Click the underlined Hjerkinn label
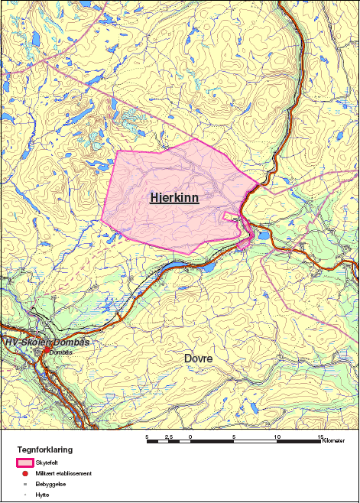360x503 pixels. pos(175,198)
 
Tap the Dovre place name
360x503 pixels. pos(198,358)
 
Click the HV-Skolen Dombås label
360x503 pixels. pos(47,342)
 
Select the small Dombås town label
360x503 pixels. pos(60,352)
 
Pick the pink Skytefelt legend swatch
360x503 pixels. pos(25,462)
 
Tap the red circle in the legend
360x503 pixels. pos(25,474)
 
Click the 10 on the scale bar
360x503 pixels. pos(277,436)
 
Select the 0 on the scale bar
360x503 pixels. pos(190,436)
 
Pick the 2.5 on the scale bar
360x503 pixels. pos(169,436)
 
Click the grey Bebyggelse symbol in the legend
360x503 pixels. pos(25,485)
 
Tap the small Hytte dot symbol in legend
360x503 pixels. pos(25,495)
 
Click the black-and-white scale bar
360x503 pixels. pos(234,442)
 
